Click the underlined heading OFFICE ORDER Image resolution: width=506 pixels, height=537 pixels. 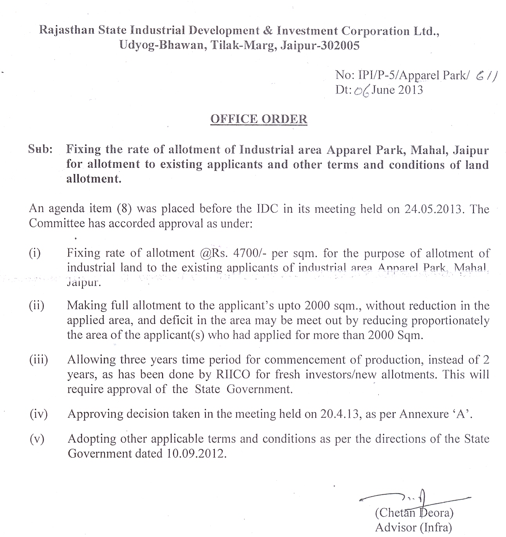(x=259, y=119)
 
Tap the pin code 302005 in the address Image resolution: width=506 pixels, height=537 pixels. (x=340, y=46)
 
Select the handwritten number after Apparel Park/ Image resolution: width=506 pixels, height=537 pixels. (x=486, y=76)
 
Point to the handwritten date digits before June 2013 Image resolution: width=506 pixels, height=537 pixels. (x=361, y=91)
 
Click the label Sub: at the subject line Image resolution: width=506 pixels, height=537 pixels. (x=41, y=149)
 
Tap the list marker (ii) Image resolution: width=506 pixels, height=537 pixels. (x=37, y=305)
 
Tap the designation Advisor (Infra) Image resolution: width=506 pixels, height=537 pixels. (x=413, y=528)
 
